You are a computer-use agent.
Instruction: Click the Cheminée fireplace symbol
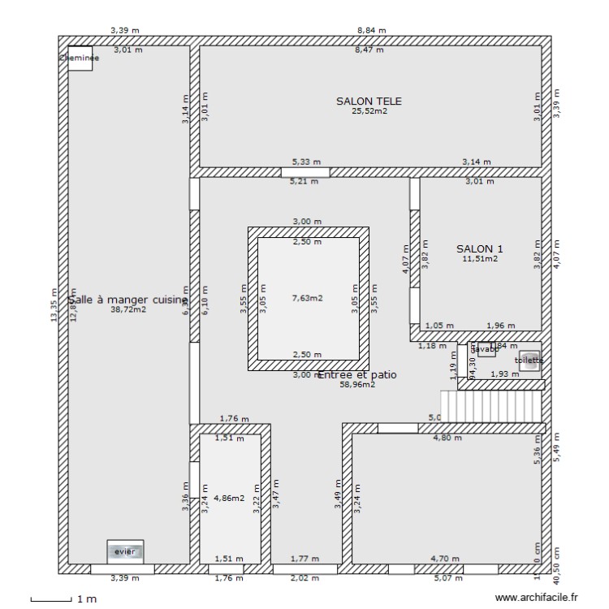(x=80, y=58)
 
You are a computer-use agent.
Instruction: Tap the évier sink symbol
(x=125, y=551)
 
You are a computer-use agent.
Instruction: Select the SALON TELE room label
(x=369, y=101)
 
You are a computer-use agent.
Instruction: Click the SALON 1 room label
(x=479, y=248)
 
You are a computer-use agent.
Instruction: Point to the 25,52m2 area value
(x=369, y=111)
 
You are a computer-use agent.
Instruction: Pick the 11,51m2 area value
(x=480, y=259)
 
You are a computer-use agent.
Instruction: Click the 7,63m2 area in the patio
(x=307, y=298)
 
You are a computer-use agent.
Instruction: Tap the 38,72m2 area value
(x=128, y=309)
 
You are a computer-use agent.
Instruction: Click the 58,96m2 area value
(x=357, y=385)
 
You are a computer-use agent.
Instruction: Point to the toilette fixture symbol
(x=529, y=361)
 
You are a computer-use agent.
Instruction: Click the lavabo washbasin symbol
(x=486, y=349)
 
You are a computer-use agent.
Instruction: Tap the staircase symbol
(x=490, y=405)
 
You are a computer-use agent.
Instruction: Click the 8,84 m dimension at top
(x=371, y=30)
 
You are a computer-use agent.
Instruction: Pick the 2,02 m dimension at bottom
(x=305, y=578)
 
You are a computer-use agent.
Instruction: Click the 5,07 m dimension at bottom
(x=448, y=578)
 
